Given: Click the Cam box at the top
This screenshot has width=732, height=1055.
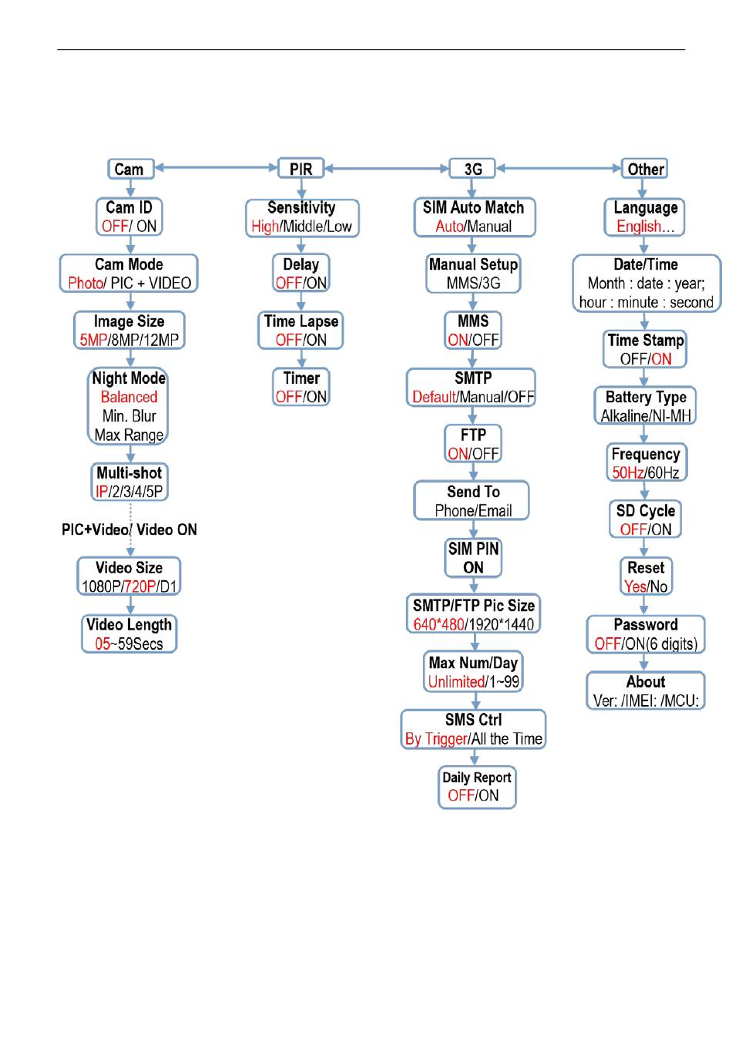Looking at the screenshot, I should tap(129, 169).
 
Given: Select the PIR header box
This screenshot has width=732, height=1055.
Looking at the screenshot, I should tap(301, 169).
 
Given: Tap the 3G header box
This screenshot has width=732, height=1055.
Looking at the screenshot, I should tap(473, 169).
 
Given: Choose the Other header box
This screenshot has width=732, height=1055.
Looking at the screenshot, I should tap(645, 169).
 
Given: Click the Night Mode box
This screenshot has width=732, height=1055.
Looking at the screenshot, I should tap(129, 406).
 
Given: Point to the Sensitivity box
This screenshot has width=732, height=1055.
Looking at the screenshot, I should tap(301, 217).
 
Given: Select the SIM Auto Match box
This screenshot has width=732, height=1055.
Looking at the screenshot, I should tap(473, 217).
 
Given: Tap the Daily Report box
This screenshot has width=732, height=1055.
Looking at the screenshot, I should tap(476, 787).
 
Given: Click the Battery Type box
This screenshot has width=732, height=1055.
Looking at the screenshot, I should tap(645, 406).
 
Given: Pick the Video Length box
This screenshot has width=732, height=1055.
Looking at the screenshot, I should tap(129, 633).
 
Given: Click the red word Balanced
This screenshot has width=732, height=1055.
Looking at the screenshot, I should tap(129, 397).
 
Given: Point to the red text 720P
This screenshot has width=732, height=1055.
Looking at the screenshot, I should tap(139, 586).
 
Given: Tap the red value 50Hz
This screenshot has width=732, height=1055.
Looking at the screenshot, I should tap(628, 472).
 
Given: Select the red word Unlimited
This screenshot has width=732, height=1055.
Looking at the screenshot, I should tap(456, 681).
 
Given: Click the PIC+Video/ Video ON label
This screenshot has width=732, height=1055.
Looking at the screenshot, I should tap(129, 529).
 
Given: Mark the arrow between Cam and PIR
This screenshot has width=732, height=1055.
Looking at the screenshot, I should tap(216, 167).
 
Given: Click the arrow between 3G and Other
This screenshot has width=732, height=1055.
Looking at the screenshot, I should tap(559, 167).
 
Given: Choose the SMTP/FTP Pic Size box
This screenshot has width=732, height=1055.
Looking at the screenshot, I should tap(473, 614).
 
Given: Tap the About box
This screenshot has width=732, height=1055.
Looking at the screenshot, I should tap(645, 690).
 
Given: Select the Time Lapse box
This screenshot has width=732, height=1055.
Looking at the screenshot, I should tap(301, 331).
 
